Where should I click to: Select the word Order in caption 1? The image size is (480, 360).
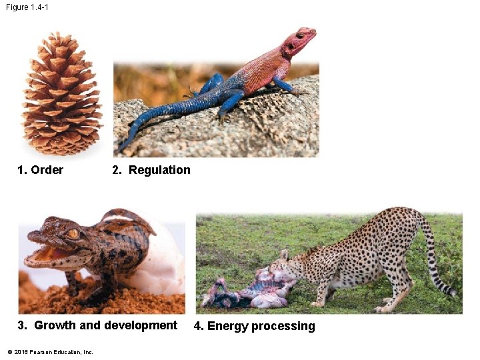coord(47,170)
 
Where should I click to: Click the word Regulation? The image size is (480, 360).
coord(159,170)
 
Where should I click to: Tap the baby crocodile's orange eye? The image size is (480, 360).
coord(73,234)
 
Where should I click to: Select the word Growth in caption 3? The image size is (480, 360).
coord(55,325)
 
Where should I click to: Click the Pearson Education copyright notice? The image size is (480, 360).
coord(50,352)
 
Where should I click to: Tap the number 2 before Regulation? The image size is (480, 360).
coord(117,170)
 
